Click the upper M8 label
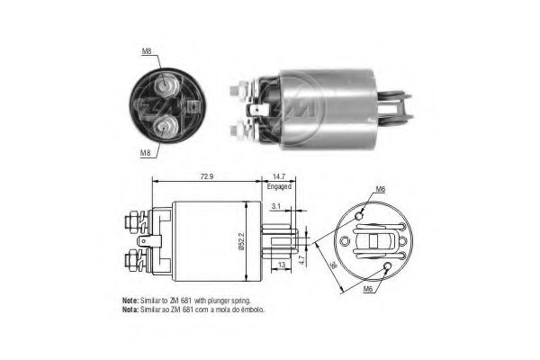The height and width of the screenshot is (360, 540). pos(147,51)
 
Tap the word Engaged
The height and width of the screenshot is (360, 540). pos(278,187)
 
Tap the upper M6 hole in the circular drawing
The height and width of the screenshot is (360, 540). pos(361,217)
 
